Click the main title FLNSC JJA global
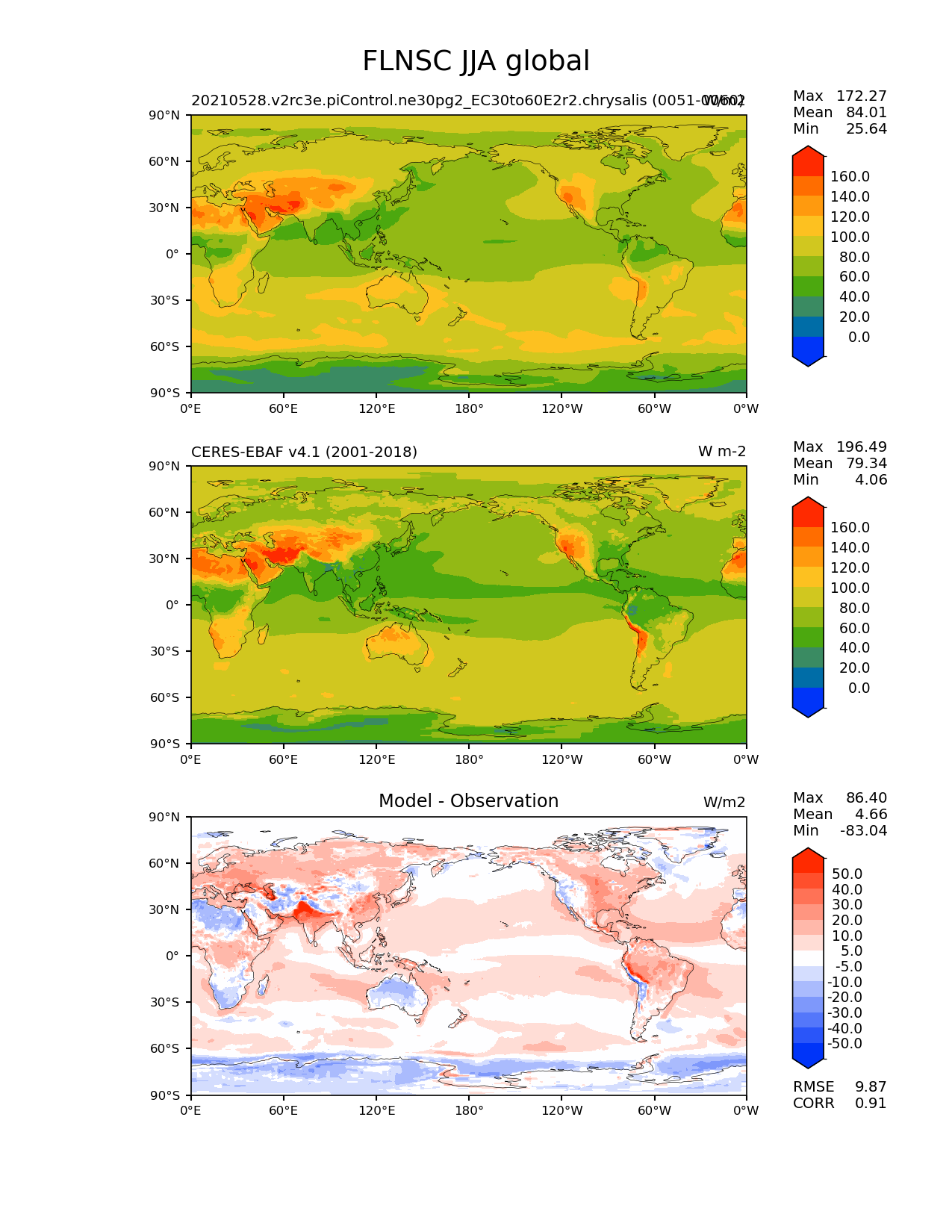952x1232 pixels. [x=476, y=61]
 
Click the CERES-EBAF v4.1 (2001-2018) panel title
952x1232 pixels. [x=304, y=452]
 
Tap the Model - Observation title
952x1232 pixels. [x=468, y=801]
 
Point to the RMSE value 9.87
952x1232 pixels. [x=871, y=1086]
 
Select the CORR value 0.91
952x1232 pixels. [x=871, y=1103]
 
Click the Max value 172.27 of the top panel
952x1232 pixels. [x=861, y=96]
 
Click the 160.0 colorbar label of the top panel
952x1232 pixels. [x=850, y=177]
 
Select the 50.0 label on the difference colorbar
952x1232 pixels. [x=847, y=874]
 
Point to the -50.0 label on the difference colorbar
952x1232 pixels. [x=844, y=1043]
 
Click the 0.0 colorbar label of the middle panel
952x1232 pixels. [x=859, y=688]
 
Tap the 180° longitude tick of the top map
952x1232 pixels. [x=469, y=408]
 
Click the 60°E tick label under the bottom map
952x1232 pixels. [x=284, y=1110]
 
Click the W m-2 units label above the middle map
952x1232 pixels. [x=721, y=452]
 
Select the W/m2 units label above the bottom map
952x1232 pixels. [x=724, y=803]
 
